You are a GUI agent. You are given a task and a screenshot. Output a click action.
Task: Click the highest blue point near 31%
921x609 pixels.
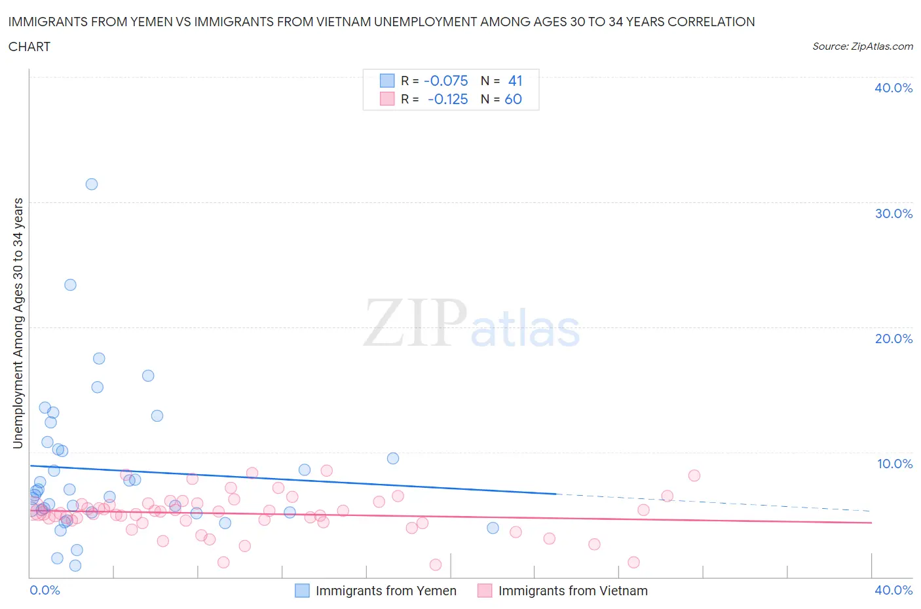tap(92, 184)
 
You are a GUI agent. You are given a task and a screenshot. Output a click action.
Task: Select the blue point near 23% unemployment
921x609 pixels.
tap(70, 285)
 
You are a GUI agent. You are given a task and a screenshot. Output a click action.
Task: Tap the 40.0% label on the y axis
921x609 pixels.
tap(893, 88)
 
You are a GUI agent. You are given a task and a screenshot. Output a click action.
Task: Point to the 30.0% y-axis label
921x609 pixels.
tap(893, 213)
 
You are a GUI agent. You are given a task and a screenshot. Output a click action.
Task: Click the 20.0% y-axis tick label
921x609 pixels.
tap(893, 339)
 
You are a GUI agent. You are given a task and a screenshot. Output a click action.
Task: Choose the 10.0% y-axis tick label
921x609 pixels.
tap(894, 464)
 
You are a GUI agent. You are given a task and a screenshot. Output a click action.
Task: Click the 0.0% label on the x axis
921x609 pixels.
tap(45, 590)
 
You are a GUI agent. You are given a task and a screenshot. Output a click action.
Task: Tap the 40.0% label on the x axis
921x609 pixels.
tap(893, 590)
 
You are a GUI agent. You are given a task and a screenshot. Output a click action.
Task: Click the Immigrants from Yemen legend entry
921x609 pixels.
tap(375, 591)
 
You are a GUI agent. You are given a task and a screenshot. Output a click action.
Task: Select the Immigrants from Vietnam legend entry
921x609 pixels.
tap(563, 591)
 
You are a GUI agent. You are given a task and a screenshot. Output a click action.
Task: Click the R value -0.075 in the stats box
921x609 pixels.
tap(446, 81)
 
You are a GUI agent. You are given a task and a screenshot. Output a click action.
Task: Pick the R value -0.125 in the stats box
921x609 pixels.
tap(447, 99)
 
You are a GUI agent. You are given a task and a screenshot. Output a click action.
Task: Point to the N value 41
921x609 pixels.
tap(515, 81)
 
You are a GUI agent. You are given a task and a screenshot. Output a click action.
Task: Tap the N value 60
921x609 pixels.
tap(513, 99)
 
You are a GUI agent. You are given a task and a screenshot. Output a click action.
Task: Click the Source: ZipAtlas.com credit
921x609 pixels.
tap(862, 46)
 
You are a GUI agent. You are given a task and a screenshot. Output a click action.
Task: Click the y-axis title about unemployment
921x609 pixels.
tap(18, 323)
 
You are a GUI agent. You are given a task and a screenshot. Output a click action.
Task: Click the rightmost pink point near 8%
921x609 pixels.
tap(694, 475)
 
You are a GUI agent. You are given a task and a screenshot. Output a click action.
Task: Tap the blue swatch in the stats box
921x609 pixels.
tap(387, 81)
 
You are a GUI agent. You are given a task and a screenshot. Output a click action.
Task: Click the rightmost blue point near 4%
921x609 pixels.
tap(493, 528)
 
